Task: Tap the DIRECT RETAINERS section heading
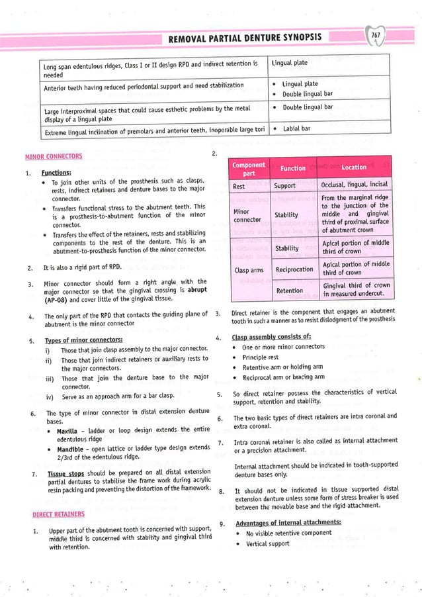coord(58,513)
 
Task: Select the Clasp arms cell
coord(249,270)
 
